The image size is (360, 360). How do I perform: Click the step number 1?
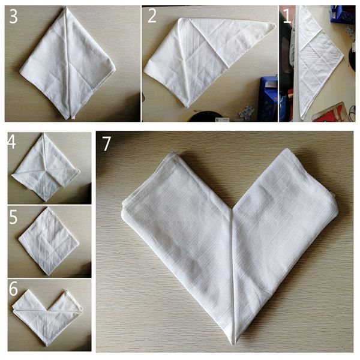tap(287, 16)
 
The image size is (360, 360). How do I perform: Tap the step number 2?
tap(152, 16)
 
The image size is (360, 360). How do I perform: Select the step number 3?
tap(13, 16)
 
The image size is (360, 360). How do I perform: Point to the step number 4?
tap(12, 142)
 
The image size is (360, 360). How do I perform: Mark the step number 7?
tap(107, 143)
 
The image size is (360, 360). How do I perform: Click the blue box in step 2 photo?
tap(268, 99)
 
